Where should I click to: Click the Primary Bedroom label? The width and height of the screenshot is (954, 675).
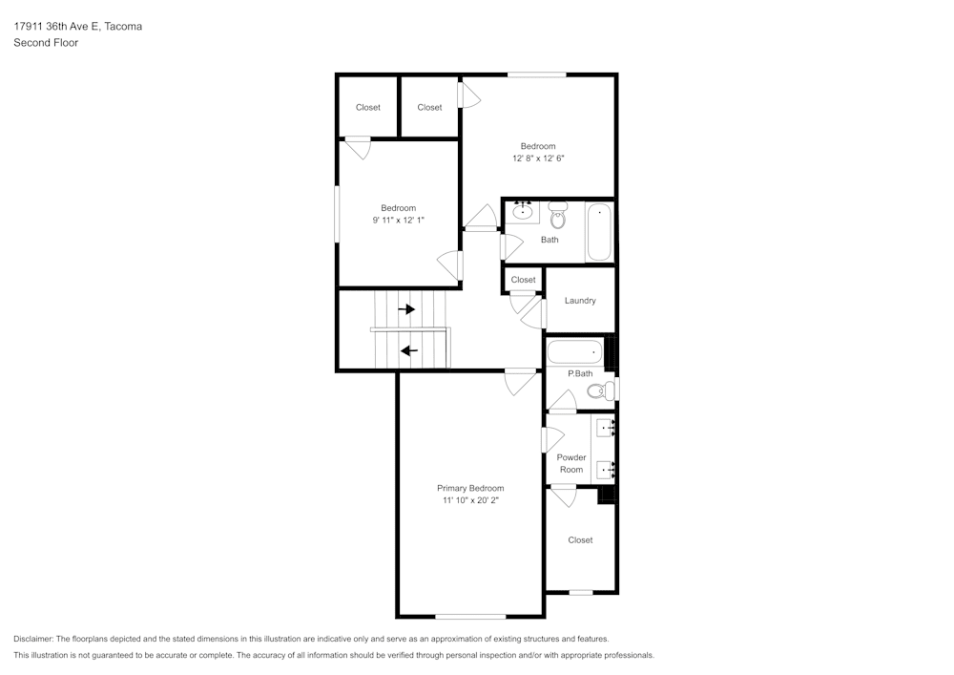pos(470,488)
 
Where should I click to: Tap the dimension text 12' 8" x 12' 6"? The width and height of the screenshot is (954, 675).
pos(538,158)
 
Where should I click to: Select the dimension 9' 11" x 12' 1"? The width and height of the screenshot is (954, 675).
pos(398,221)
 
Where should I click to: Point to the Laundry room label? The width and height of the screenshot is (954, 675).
pos(580,301)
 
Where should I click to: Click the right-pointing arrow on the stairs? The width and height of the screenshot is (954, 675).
pos(407,309)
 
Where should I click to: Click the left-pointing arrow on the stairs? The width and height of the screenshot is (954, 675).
pos(409,350)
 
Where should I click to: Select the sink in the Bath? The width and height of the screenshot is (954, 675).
pos(522,211)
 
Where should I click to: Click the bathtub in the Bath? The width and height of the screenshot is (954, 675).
pos(598,232)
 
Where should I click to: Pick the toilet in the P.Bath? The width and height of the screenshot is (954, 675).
pos(599,390)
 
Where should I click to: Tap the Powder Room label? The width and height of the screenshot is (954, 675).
pos(571,463)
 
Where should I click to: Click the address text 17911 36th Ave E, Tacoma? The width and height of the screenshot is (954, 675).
pos(77,27)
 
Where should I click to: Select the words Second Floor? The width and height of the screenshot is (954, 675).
pos(46,43)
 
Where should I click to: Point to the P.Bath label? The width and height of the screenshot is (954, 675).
pos(580,373)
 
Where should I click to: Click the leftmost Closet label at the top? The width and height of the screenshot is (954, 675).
pos(368,108)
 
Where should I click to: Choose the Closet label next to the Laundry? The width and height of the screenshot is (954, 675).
pos(523,280)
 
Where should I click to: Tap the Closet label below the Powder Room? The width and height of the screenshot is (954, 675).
pos(580,540)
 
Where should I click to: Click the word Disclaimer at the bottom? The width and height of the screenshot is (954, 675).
pos(33,639)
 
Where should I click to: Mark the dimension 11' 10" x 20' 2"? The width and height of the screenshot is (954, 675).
pos(470,500)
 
